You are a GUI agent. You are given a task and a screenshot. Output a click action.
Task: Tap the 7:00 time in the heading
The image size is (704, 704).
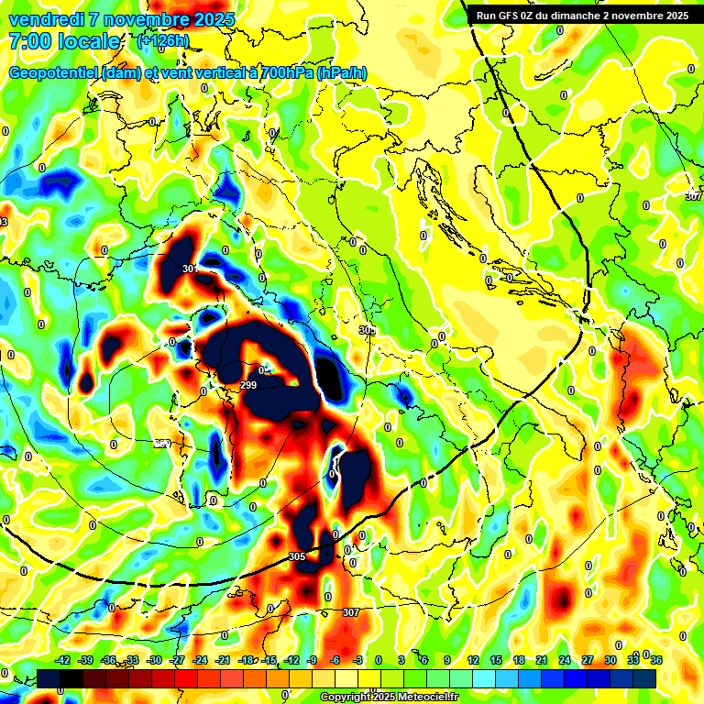(x=29, y=41)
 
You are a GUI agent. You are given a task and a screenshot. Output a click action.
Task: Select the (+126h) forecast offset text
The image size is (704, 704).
(x=163, y=40)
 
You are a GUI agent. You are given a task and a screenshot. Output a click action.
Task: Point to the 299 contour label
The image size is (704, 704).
(x=247, y=386)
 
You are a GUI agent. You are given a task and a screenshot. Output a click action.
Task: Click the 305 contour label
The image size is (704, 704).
(x=296, y=556)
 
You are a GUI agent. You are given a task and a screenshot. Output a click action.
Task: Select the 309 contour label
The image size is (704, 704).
(x=368, y=330)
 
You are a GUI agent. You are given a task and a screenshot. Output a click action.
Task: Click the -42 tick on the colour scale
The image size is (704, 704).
(x=63, y=660)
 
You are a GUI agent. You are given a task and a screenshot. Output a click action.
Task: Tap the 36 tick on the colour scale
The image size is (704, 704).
(x=656, y=660)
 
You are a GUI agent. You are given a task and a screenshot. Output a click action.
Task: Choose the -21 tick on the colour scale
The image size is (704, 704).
(x=224, y=660)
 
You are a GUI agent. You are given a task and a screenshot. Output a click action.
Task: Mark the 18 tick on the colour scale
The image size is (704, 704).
(x=518, y=660)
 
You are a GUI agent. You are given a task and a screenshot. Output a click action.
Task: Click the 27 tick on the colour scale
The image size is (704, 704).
(x=588, y=660)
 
